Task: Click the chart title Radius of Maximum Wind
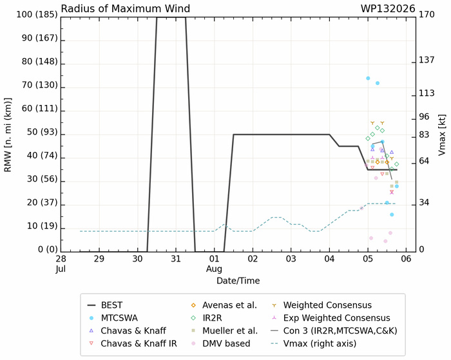click(x=126, y=8)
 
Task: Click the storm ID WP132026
click(x=388, y=8)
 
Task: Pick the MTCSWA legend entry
click(x=113, y=318)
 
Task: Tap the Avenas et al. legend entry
click(x=224, y=305)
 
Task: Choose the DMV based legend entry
click(x=220, y=344)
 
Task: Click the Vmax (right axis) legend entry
click(x=314, y=344)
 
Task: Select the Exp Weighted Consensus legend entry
click(x=331, y=318)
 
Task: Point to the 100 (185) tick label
click(x=37, y=14)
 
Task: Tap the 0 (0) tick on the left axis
click(x=48, y=249)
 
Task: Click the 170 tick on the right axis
click(x=427, y=14)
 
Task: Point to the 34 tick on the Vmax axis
click(x=424, y=203)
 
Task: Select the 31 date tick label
click(x=176, y=259)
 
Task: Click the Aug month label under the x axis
click(x=214, y=269)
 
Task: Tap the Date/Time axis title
click(x=238, y=281)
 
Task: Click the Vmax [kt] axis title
click(x=442, y=135)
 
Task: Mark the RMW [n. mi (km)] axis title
click(x=8, y=135)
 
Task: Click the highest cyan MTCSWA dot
click(x=368, y=78)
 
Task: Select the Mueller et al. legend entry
click(x=224, y=330)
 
